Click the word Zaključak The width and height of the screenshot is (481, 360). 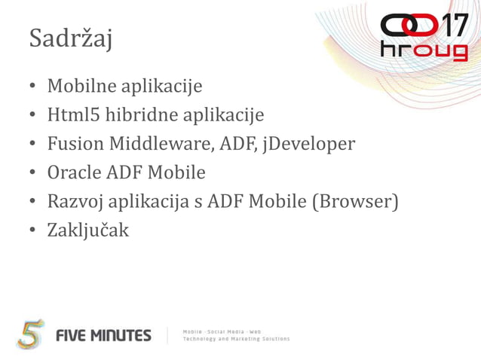click(x=88, y=230)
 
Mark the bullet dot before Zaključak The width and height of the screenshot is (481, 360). click(x=34, y=230)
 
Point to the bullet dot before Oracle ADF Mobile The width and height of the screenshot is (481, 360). click(x=34, y=172)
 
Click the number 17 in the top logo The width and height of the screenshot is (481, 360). click(x=452, y=26)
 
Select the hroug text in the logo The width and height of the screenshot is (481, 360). click(x=424, y=51)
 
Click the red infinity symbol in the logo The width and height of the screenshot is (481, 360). click(x=409, y=26)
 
